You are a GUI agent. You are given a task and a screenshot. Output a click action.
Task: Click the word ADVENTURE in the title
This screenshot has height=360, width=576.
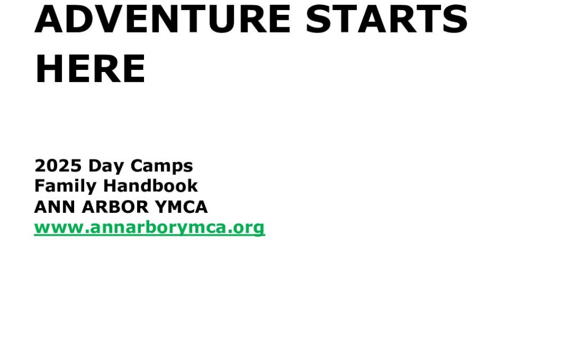pyautogui.click(x=163, y=19)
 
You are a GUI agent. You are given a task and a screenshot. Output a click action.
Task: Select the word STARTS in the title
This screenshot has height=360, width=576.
pyautogui.click(x=387, y=19)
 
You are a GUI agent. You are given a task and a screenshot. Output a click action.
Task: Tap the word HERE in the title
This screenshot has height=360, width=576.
pyautogui.click(x=90, y=69)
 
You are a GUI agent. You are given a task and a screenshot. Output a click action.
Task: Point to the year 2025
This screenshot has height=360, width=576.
pyautogui.click(x=58, y=166)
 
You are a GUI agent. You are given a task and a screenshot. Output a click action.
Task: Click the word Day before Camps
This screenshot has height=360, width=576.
pyautogui.click(x=106, y=166)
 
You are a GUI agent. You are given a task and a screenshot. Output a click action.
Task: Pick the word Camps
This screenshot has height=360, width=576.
pyautogui.click(x=162, y=166)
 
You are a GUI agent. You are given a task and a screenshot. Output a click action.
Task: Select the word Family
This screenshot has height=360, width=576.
pyautogui.click(x=65, y=187)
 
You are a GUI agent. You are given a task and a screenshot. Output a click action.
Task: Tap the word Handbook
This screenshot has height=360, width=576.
pyautogui.click(x=150, y=186)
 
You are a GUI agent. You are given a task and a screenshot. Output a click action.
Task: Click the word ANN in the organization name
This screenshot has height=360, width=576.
pyautogui.click(x=55, y=207)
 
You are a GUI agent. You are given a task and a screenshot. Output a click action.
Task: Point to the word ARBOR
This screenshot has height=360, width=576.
pyautogui.click(x=115, y=207)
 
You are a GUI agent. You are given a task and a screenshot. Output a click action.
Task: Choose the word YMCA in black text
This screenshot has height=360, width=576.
pyautogui.click(x=181, y=207)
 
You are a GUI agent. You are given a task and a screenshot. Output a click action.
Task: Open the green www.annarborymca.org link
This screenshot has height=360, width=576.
pyautogui.click(x=149, y=228)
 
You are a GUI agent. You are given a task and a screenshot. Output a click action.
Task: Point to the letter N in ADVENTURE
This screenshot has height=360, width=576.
pyautogui.click(x=166, y=19)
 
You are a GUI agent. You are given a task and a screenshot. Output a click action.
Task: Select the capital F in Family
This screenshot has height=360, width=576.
pyautogui.click(x=39, y=186)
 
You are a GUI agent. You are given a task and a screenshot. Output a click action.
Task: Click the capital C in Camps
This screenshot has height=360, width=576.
pyautogui.click(x=137, y=166)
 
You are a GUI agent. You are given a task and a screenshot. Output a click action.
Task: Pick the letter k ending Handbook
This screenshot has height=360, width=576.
pyautogui.click(x=193, y=186)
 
